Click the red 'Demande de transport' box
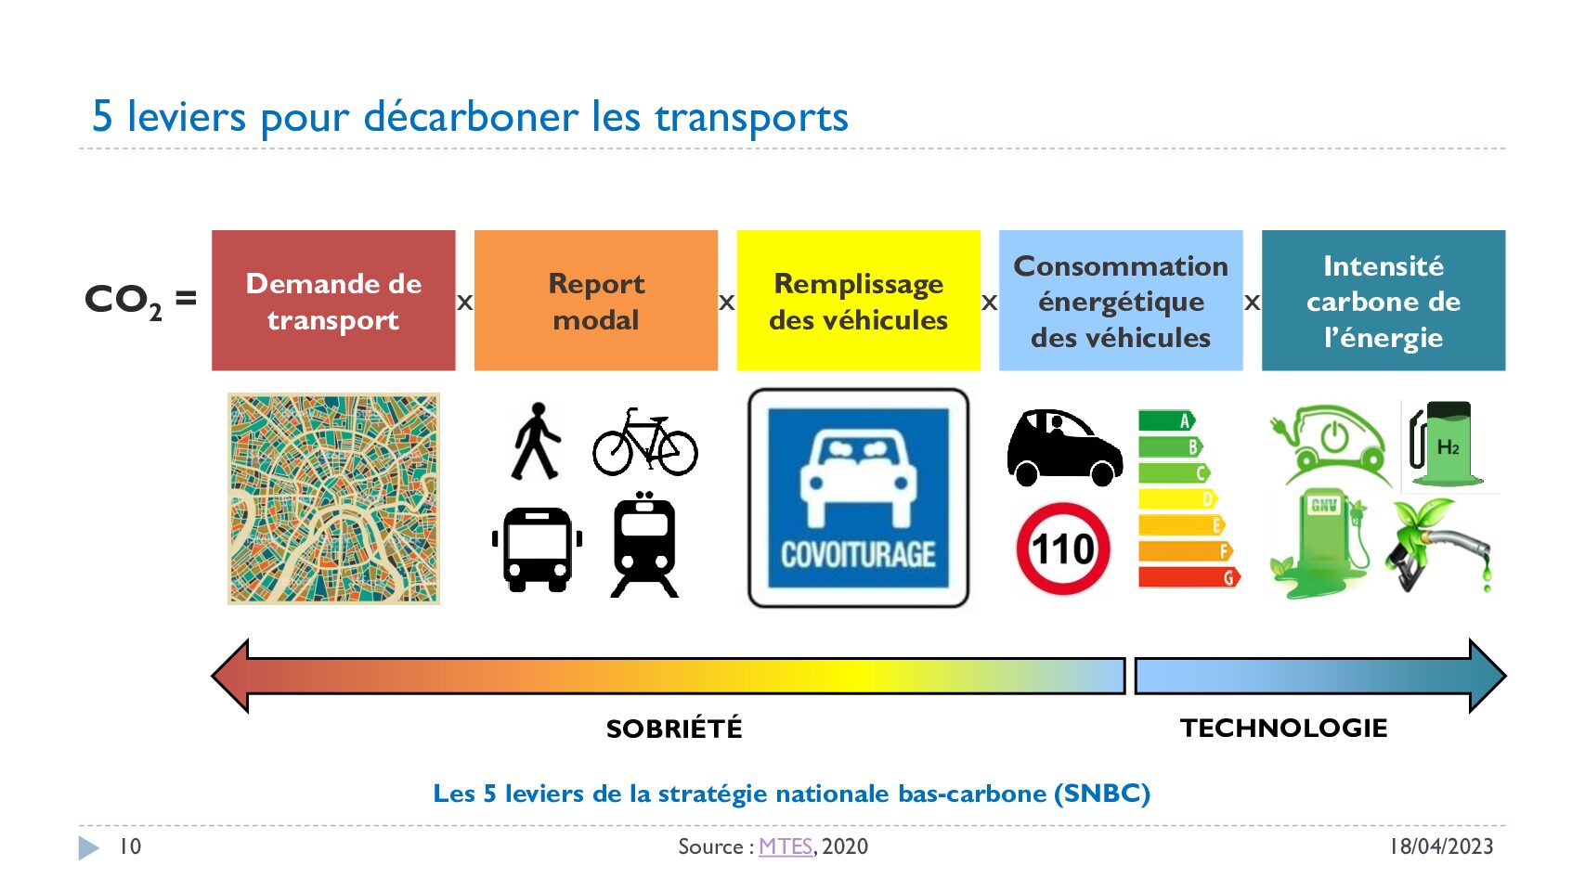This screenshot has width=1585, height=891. [333, 301]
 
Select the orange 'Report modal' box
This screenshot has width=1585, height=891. [596, 301]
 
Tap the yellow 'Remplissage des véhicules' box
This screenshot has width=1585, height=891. [858, 301]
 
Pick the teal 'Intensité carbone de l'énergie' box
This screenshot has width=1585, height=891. [1384, 301]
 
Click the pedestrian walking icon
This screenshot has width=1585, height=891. [536, 441]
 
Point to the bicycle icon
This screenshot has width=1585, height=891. [645, 443]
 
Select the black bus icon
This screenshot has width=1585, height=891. [537, 549]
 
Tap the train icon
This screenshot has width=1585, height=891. [643, 546]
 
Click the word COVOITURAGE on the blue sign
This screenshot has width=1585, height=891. [858, 554]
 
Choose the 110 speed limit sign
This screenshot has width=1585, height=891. [1063, 549]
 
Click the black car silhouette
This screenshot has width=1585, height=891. [1064, 447]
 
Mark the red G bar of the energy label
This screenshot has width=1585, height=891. [1189, 577]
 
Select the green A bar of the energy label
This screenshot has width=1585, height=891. [1167, 421]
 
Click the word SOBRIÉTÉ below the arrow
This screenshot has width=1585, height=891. [674, 730]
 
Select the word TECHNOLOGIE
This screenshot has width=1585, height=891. [1283, 729]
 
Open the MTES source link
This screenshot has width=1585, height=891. [785, 846]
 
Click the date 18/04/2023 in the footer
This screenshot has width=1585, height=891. [1441, 846]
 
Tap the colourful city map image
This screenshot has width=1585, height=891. [333, 498]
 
